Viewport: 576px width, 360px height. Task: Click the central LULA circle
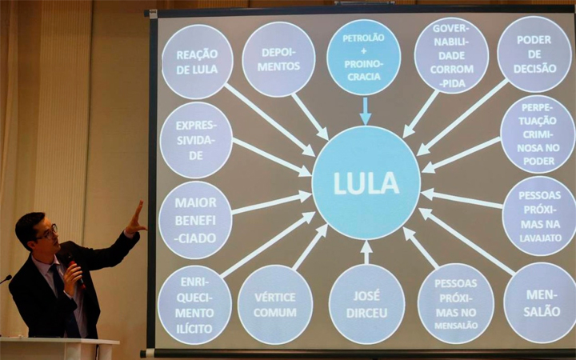[366, 182]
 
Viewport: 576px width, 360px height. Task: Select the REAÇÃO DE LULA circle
[197, 62]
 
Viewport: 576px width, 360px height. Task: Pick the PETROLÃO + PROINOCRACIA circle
[363, 58]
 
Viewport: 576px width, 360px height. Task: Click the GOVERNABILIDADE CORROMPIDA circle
[451, 55]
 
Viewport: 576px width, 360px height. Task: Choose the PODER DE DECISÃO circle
[534, 54]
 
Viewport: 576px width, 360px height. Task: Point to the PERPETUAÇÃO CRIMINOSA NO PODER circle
[538, 134]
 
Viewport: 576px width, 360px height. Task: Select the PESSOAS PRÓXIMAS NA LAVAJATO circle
[539, 215]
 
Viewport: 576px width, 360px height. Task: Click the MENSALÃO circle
[540, 302]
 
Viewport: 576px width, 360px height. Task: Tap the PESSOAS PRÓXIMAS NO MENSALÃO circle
[456, 303]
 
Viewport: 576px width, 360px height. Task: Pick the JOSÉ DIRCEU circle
[366, 304]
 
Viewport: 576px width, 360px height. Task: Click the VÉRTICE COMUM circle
[275, 304]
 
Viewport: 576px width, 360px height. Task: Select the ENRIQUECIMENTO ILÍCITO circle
[194, 304]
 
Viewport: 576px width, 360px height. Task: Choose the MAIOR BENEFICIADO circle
[195, 219]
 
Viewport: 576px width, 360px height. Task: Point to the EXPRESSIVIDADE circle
[196, 140]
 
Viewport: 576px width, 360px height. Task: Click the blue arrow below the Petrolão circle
[365, 110]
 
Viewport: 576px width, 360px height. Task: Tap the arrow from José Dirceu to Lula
[366, 252]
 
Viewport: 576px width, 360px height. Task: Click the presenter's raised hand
[135, 219]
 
